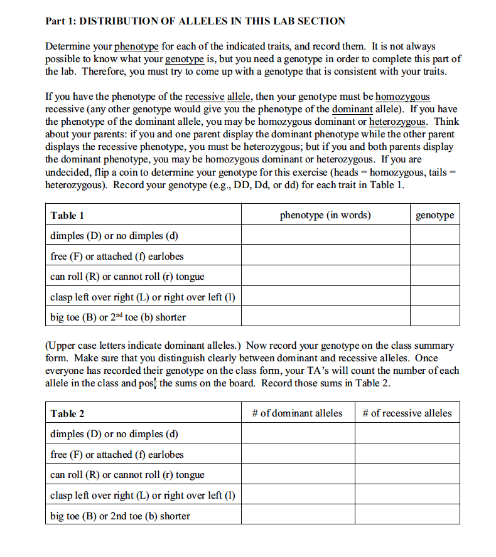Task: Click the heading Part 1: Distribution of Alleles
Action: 195,21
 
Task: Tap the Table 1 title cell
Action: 67,215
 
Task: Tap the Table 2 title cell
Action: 67,413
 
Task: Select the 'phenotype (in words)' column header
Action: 325,215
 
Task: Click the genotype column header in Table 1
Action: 435,215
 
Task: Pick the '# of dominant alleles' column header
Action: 298,413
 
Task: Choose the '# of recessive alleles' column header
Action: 407,413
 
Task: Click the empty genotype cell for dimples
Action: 435,236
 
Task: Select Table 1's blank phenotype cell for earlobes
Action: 325,256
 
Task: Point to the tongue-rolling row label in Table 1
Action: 127,277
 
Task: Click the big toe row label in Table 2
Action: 120,516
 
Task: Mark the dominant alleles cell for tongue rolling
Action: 298,474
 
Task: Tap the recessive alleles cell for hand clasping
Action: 407,495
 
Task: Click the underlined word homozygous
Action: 402,97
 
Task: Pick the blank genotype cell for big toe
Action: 435,317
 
